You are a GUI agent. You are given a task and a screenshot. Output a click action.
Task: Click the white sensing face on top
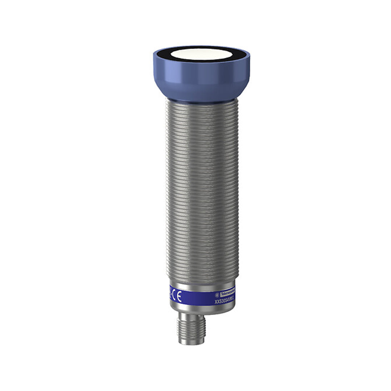[201, 54]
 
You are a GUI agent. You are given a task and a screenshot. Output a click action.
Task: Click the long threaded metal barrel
[202, 188]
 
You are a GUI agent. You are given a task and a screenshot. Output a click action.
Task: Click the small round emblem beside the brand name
[217, 294]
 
